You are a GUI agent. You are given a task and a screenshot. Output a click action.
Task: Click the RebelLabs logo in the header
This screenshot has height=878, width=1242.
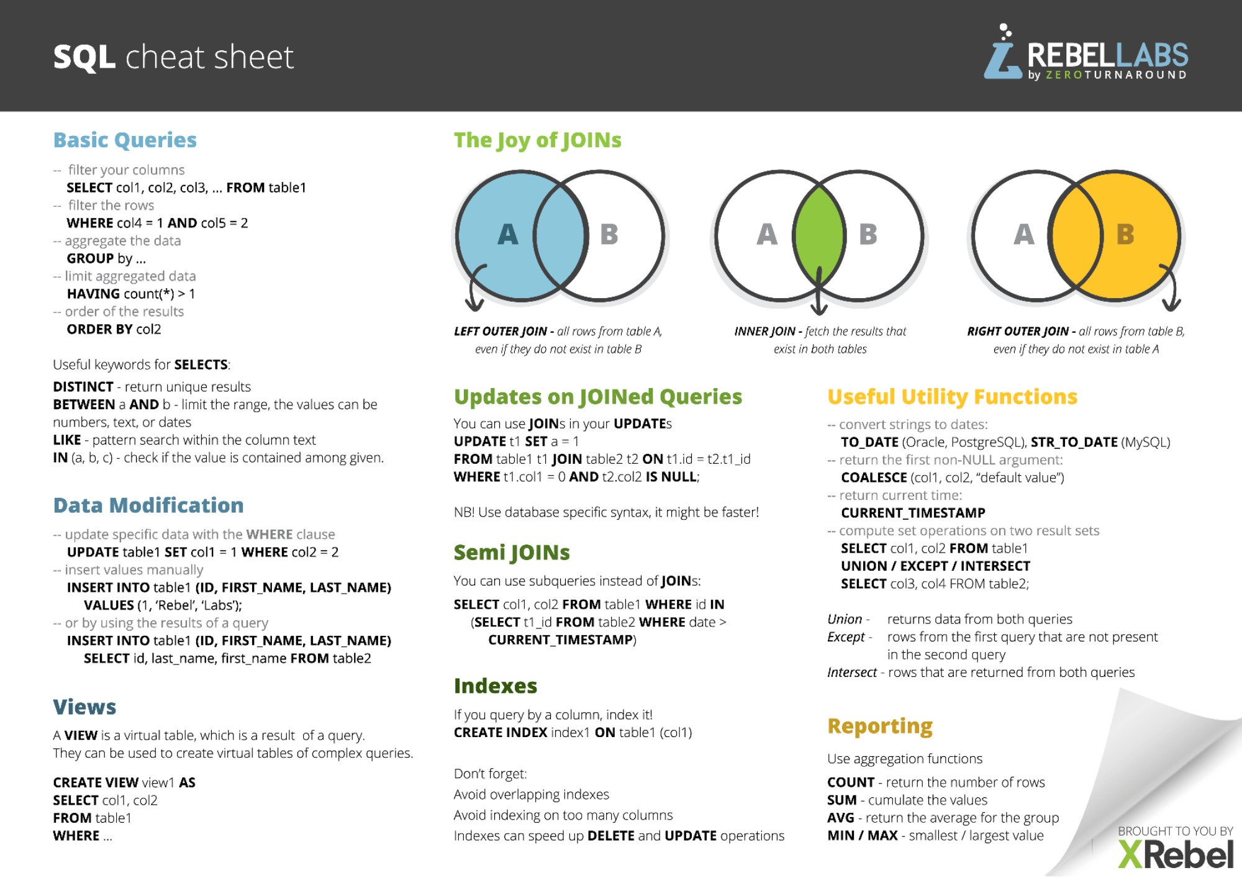(x=1086, y=53)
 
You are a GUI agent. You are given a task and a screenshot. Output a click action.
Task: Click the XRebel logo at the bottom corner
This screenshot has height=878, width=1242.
(x=1175, y=854)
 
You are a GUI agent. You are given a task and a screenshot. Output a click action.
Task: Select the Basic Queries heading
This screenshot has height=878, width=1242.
(x=125, y=140)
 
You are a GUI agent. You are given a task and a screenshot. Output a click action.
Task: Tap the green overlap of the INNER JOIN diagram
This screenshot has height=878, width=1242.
(x=819, y=236)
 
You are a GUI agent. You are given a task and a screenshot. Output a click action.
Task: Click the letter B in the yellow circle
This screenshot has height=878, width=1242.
(x=1125, y=235)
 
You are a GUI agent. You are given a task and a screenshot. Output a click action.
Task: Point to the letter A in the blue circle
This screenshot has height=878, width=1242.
(x=507, y=235)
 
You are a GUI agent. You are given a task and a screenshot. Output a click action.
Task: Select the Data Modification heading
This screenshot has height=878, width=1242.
(x=148, y=505)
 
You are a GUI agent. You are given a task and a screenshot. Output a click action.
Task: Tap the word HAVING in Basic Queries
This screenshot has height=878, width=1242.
(x=93, y=294)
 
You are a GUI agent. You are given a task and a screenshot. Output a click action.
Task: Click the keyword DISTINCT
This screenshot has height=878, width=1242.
(x=83, y=387)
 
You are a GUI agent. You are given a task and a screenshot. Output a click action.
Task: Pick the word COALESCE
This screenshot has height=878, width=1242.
(x=874, y=477)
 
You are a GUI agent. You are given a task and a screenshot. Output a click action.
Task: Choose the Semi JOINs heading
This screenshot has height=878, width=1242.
(x=512, y=553)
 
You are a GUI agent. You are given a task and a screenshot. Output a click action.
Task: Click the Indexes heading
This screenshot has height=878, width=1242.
(x=496, y=686)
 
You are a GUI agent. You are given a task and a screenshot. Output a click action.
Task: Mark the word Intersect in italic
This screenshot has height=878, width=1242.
(x=852, y=672)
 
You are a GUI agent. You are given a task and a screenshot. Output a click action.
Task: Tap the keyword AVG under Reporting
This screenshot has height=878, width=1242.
(x=841, y=818)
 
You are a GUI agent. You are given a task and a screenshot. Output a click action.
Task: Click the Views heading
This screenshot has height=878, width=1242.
(x=84, y=707)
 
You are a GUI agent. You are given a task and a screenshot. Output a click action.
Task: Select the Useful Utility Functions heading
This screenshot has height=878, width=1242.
(x=953, y=397)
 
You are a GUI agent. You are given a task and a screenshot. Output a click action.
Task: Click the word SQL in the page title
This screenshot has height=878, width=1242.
(x=84, y=58)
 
